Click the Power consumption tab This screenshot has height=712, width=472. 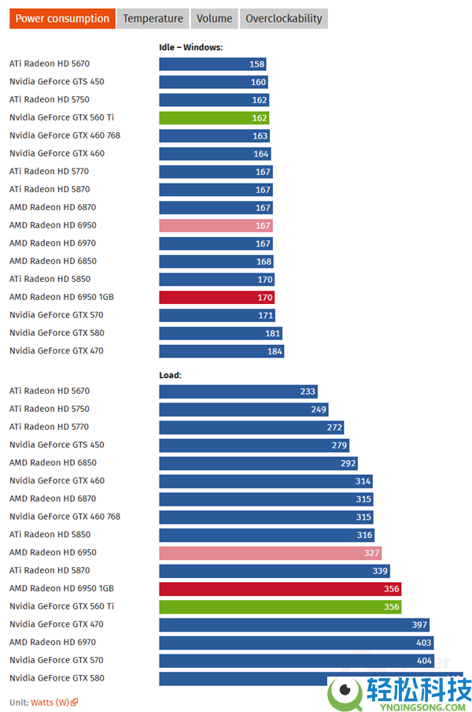[x=62, y=19]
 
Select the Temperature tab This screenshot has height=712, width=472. [x=153, y=19]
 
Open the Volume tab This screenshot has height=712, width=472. [x=214, y=19]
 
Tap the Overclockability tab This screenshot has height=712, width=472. [x=283, y=19]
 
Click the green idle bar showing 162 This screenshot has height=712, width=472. [x=214, y=118]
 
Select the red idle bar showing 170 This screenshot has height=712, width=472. [x=216, y=298]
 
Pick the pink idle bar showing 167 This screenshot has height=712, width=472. [x=216, y=225]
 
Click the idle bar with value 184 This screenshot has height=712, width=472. [x=221, y=351]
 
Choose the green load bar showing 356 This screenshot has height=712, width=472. [x=280, y=606]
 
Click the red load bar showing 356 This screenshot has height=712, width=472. [x=280, y=588]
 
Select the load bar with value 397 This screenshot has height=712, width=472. [x=294, y=625]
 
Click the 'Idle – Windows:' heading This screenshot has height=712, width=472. [x=190, y=47]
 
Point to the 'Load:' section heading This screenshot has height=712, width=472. [x=170, y=375]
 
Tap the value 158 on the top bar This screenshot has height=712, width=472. [x=256, y=64]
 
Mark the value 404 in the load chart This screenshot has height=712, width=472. [x=424, y=661]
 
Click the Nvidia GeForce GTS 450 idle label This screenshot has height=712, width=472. [x=57, y=82]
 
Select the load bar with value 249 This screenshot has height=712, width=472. [x=243, y=410]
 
